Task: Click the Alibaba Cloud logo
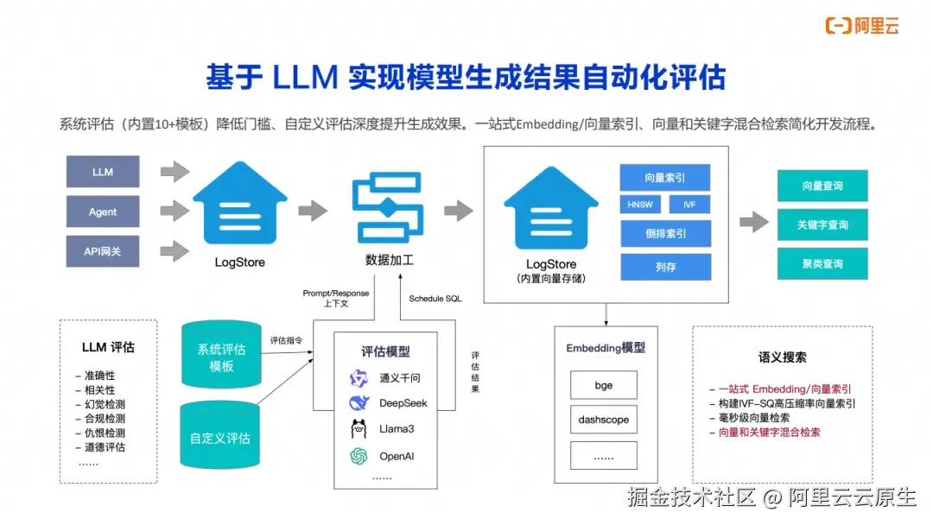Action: [862, 25]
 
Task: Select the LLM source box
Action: [103, 172]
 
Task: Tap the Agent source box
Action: [103, 212]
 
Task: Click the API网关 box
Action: [103, 251]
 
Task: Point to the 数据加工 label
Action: [390, 259]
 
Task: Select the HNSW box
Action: [641, 205]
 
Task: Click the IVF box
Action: [689, 205]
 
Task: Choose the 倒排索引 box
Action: [665, 233]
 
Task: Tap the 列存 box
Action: [665, 267]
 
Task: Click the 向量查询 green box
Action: [822, 186]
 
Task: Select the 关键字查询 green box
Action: [822, 225]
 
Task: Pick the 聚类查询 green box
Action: [822, 263]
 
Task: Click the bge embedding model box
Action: [604, 385]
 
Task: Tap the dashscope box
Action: [604, 420]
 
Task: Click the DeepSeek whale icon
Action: [359, 403]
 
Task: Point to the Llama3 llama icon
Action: [359, 429]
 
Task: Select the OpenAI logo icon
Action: [359, 455]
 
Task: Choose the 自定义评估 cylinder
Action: [221, 437]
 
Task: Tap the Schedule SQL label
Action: [435, 298]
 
